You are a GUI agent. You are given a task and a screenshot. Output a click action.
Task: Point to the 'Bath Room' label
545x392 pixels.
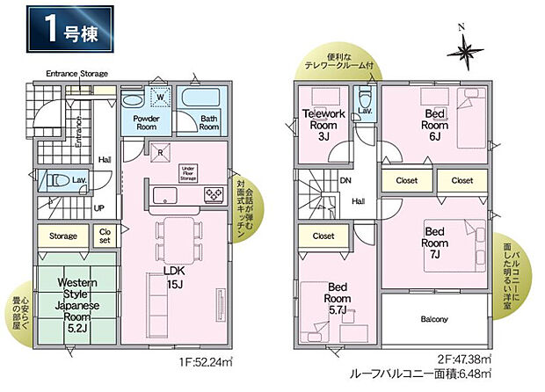click(x=208, y=122)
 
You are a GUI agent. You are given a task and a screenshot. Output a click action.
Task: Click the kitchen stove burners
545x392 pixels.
click(x=213, y=193)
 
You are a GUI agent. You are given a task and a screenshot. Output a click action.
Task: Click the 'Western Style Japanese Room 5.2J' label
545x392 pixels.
click(x=76, y=304)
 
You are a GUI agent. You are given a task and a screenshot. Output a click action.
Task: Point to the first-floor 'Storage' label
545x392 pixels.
click(x=62, y=236)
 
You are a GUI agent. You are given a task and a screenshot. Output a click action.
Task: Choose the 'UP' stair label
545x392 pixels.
click(x=99, y=209)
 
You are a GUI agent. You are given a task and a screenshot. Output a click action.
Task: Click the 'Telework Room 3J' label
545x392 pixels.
click(x=323, y=124)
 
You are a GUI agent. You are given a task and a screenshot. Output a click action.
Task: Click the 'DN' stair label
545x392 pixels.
click(x=345, y=181)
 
